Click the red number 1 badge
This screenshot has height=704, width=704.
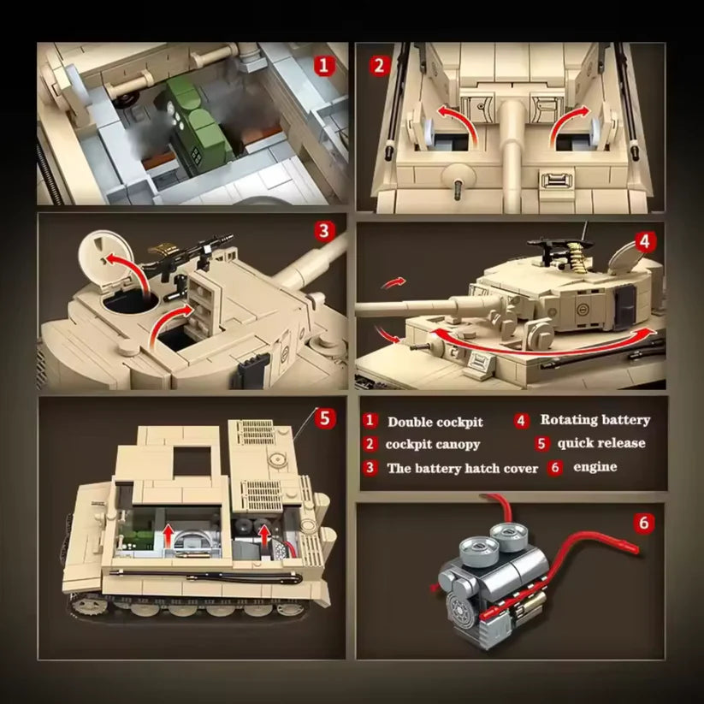[x=322, y=64]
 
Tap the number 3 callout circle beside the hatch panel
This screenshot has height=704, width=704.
[x=322, y=230]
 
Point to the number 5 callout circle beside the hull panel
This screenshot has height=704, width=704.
[x=324, y=417]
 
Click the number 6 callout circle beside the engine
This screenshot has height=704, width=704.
[x=645, y=521]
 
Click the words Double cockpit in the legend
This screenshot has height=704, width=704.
[x=435, y=422]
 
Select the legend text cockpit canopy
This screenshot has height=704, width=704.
[x=432, y=444]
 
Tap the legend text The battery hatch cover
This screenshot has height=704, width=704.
[x=462, y=468]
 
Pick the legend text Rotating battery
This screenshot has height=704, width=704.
[x=595, y=420]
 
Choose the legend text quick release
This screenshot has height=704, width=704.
[x=600, y=443]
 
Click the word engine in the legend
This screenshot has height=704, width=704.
[x=595, y=467]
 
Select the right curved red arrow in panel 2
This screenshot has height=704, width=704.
[x=568, y=120]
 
